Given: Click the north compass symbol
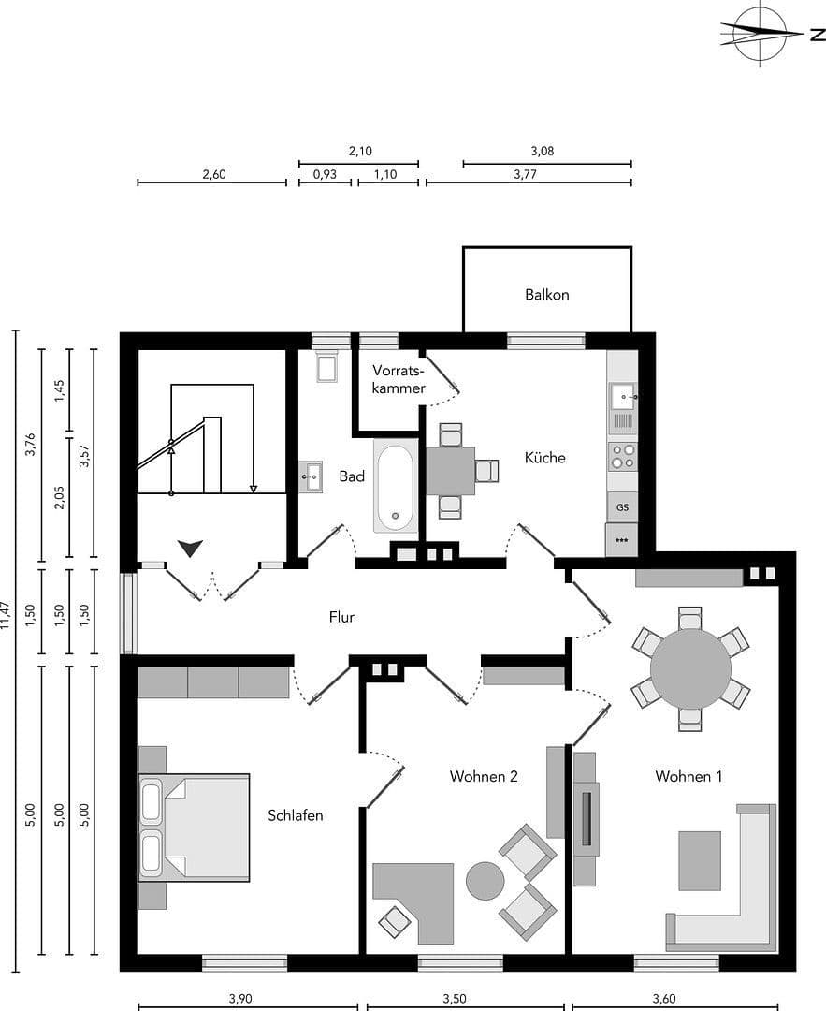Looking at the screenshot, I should (x=760, y=34).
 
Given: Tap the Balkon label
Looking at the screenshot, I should (x=546, y=294).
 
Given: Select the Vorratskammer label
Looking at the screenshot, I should (x=399, y=378).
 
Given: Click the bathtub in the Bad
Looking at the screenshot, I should (x=396, y=486).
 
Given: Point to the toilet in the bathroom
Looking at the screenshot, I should (x=326, y=366).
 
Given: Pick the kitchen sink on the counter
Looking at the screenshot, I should (x=622, y=397).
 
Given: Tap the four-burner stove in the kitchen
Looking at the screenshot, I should (x=622, y=456).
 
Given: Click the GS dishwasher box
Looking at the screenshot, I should (x=622, y=507).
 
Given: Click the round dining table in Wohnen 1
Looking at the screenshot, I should (x=690, y=668).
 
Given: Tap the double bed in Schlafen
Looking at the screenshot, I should (x=195, y=827).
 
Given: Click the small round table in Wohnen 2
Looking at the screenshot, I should (x=485, y=880).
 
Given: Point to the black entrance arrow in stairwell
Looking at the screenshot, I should (x=191, y=548).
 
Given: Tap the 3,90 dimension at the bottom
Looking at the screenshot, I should (x=239, y=998).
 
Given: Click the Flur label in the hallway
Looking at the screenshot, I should (x=341, y=617).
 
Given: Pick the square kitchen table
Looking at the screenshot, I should (x=450, y=470).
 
